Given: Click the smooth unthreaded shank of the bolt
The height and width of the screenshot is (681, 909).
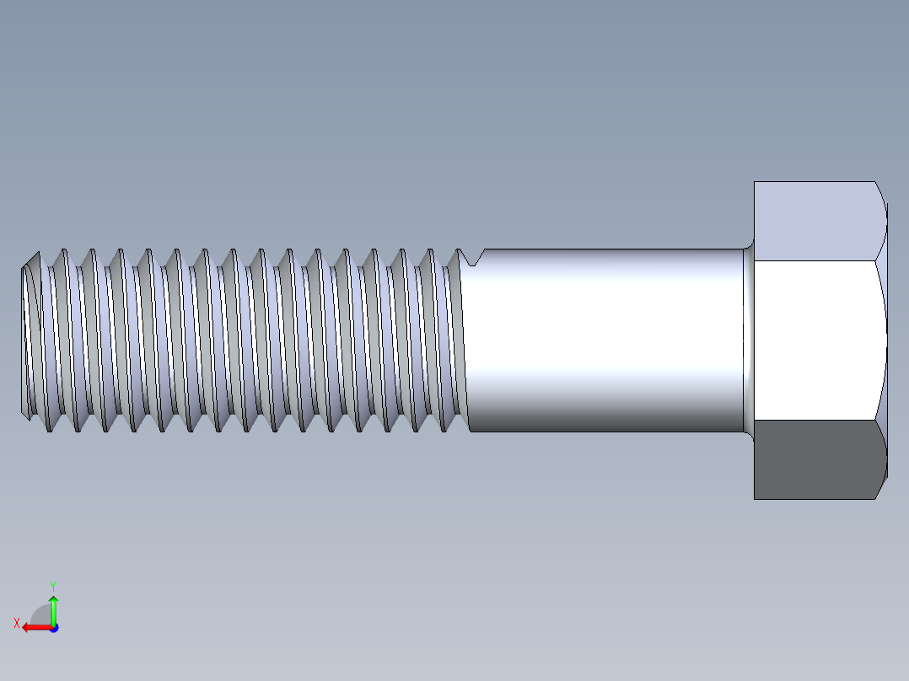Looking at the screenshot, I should [603, 340].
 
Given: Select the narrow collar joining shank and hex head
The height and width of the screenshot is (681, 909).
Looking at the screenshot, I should [748, 340].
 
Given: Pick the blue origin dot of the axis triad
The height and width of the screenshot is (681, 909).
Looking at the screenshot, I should [53, 627].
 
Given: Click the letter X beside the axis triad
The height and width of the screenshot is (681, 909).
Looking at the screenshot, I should [16, 623].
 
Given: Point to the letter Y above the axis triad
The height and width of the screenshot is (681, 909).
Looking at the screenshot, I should [52, 585].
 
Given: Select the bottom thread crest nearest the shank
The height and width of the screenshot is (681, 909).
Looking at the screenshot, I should [444, 428].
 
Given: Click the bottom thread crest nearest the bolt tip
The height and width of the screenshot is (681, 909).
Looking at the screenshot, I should [49, 431].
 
